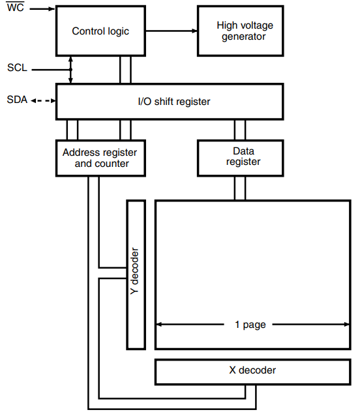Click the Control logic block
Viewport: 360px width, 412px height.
coord(100,31)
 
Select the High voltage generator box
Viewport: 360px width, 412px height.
coord(241,31)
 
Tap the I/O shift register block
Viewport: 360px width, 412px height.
coord(169,102)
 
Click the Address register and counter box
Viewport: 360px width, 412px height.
coord(101,158)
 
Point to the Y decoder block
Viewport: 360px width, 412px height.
coord(135,274)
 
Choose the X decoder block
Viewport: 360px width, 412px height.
coord(252,370)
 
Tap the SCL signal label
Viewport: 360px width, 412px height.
coord(17,68)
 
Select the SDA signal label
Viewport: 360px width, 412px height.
coord(17,100)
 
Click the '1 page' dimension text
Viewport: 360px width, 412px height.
coord(250,325)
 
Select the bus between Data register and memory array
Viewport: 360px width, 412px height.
coord(240,188)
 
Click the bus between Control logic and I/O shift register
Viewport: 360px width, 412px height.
coord(125,69)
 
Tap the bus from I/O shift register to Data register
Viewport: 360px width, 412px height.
coord(240,130)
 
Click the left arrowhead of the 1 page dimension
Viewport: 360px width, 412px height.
coord(159,324)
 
